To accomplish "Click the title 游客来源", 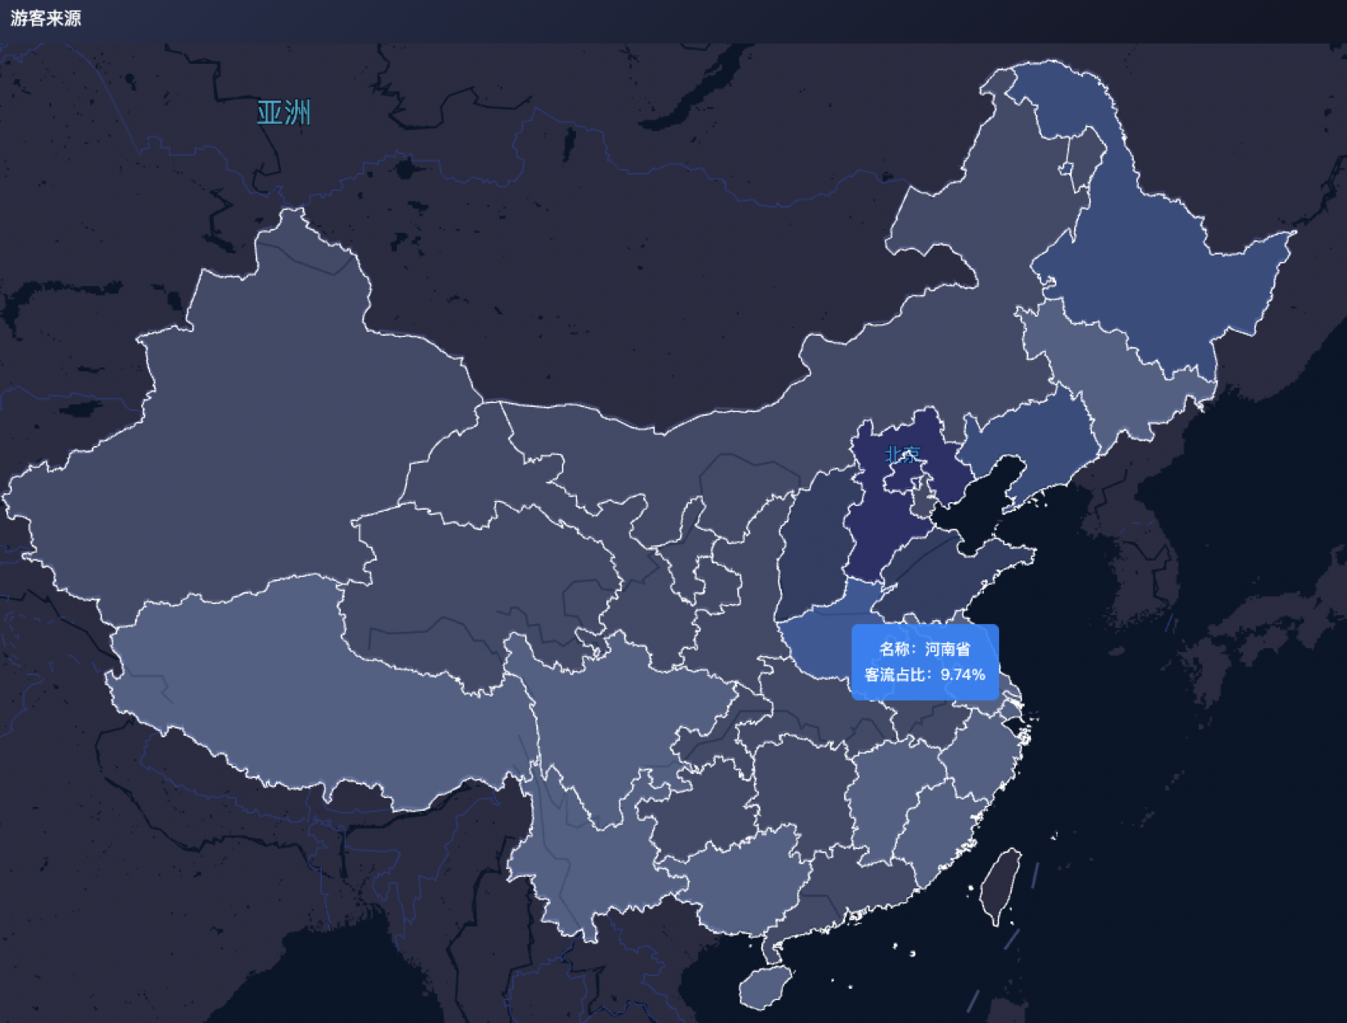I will (x=45, y=18).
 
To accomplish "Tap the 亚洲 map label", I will (x=283, y=113).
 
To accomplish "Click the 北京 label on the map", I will (x=903, y=454).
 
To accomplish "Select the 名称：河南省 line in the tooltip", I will (x=924, y=649).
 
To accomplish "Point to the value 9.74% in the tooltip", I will (x=962, y=674).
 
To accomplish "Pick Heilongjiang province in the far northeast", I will (x=1149, y=271).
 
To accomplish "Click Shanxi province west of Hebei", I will (x=814, y=551).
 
